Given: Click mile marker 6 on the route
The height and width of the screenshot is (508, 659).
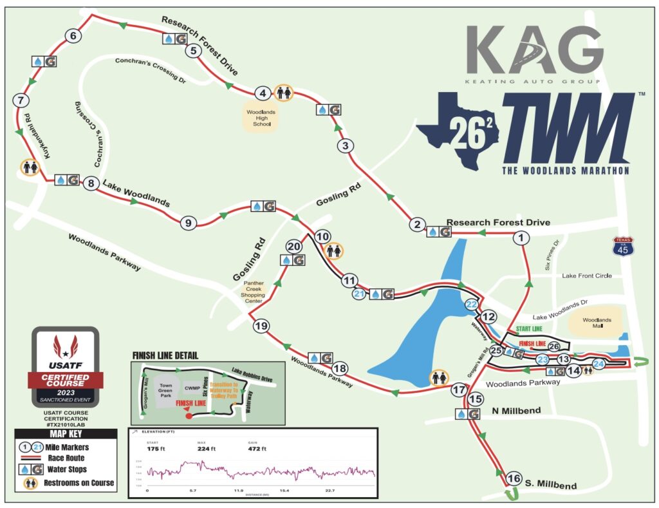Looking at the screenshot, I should coord(73,36).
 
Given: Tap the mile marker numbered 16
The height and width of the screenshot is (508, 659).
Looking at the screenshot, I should coord(513,478).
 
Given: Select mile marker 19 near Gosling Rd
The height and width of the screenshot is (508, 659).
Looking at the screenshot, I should coord(261,326).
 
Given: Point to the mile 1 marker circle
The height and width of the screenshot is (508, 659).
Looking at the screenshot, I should coord(520,238).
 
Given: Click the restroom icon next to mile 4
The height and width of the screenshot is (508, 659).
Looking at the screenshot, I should coord(284,93).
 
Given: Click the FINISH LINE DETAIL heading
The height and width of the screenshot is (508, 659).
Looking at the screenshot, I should coord(165,355).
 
